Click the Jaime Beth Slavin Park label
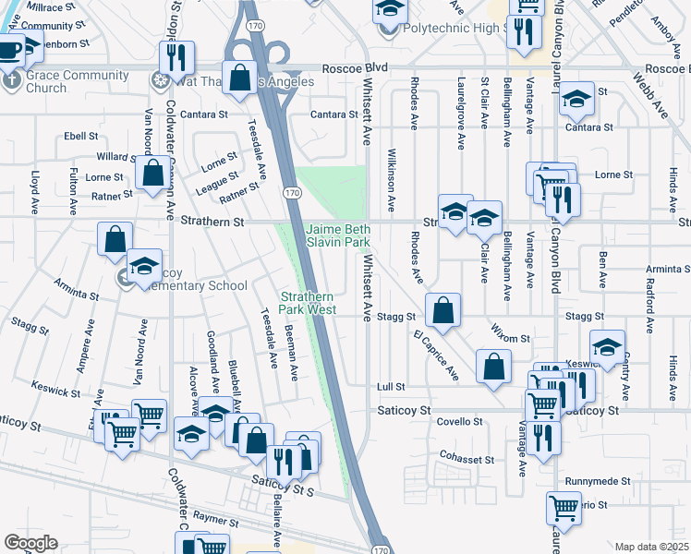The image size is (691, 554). pyautogui.click(x=338, y=235)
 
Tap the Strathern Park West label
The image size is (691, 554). pyautogui.click(x=309, y=303)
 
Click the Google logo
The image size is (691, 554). pyautogui.click(x=30, y=543)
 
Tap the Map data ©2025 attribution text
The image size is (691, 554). pyautogui.click(x=651, y=547)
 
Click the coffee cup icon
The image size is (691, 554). pyautogui.click(x=9, y=52)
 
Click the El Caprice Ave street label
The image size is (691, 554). pyautogui.click(x=435, y=353)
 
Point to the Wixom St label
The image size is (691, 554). pyautogui.click(x=509, y=339)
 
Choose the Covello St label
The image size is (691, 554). pyautogui.click(x=460, y=421)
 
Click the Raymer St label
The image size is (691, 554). pyautogui.click(x=216, y=522)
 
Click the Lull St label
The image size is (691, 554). pyautogui.click(x=392, y=387)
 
